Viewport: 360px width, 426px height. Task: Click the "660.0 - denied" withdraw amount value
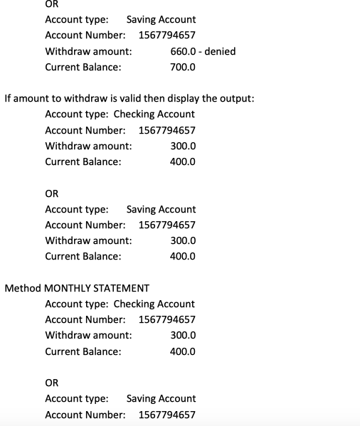coord(203,51)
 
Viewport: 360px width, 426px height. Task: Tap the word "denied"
coord(220,51)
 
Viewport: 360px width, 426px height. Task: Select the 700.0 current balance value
coord(183,67)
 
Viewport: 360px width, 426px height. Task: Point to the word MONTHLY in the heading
coord(72,288)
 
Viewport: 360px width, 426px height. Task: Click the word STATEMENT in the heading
coord(125,288)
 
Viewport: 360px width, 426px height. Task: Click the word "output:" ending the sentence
coord(237,98)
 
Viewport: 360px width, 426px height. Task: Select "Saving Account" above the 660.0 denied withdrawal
coord(161,20)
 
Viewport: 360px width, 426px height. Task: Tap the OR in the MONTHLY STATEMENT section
coord(52,383)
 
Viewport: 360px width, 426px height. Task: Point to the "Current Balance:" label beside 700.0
coord(83,67)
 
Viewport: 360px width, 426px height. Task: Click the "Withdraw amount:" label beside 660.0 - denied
coord(88,51)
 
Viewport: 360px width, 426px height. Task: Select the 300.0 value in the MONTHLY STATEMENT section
coord(183,335)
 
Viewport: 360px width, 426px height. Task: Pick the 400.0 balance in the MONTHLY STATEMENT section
coord(183,351)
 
